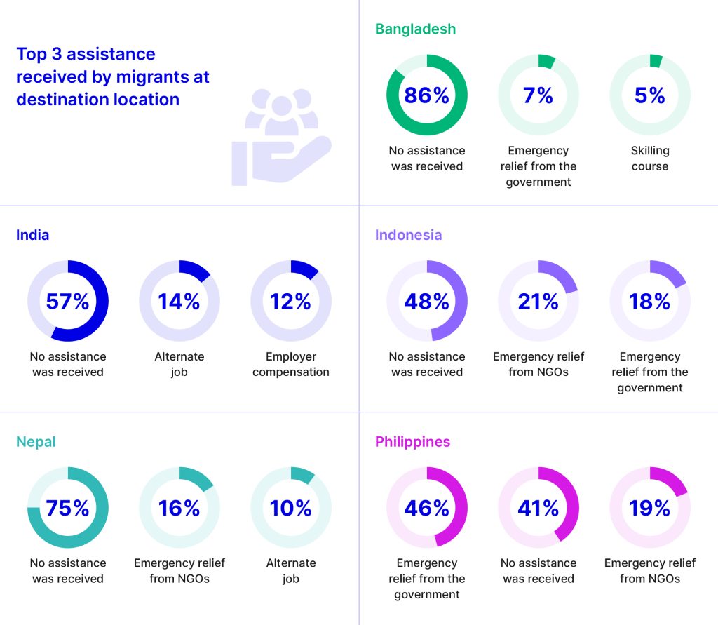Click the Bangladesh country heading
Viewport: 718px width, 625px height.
pos(415,29)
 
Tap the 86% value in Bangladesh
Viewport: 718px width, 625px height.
pos(426,95)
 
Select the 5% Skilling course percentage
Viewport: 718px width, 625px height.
pos(649,95)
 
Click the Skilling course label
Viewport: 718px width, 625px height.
pos(649,159)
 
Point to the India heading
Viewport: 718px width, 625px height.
pos(32,235)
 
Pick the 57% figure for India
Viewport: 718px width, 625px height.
pos(67,302)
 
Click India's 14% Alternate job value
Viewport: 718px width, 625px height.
pos(179,302)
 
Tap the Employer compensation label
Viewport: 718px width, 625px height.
pos(290,364)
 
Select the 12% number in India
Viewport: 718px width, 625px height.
pos(290,302)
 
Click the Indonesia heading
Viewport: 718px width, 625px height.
pos(408,235)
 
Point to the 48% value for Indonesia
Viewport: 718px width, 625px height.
pos(426,302)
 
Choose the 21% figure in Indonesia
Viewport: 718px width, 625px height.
pos(538,302)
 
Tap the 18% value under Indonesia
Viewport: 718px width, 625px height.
pos(649,302)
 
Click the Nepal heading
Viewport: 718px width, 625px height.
pos(36,442)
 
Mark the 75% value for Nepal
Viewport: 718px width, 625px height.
pos(67,508)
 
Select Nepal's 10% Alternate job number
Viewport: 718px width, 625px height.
pos(290,508)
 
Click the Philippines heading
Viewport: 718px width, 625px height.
pos(412,442)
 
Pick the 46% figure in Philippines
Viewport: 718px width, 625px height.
pos(426,508)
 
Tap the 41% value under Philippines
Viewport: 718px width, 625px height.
pos(538,508)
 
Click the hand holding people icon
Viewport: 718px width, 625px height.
pos(280,137)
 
